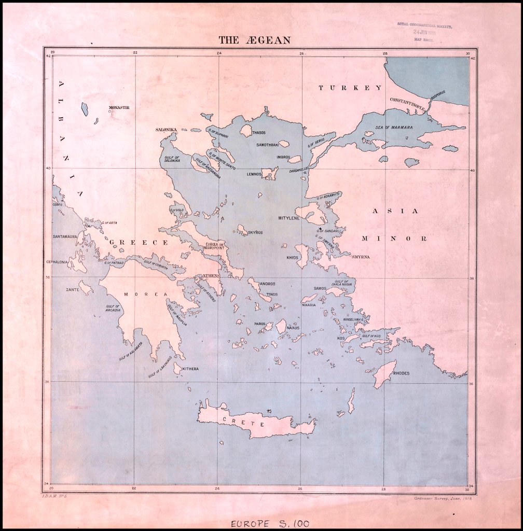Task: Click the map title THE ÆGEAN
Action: pyautogui.click(x=254, y=40)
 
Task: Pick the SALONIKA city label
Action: pyautogui.click(x=167, y=129)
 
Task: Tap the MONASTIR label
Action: pyautogui.click(x=119, y=107)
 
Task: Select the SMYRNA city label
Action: pyautogui.click(x=361, y=257)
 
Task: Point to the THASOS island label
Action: pyautogui.click(x=258, y=133)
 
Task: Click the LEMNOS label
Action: pyautogui.click(x=254, y=174)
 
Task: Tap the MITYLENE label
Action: pyautogui.click(x=289, y=218)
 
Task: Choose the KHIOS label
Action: pyautogui.click(x=293, y=257)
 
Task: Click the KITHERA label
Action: pyautogui.click(x=190, y=369)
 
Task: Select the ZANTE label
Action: pyautogui.click(x=73, y=289)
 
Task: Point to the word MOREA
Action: pyautogui.click(x=146, y=294)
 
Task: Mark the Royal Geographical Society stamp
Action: pyautogui.click(x=424, y=32)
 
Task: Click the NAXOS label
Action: pyautogui.click(x=293, y=328)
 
